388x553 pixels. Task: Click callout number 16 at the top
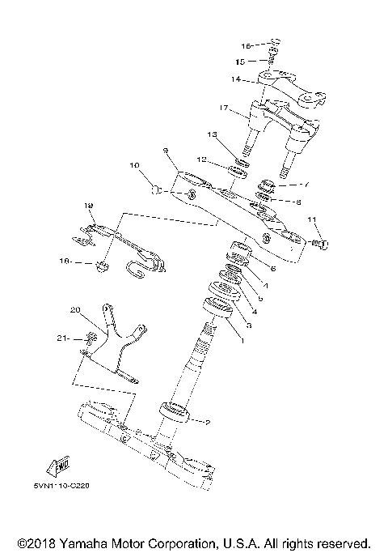point(247,45)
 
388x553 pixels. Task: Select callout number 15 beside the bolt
point(240,61)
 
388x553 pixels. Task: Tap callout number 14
point(235,79)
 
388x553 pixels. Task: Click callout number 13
point(212,134)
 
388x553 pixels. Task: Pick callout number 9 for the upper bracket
point(164,150)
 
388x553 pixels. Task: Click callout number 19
point(89,206)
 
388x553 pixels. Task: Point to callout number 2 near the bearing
point(208,422)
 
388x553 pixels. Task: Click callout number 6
point(272,268)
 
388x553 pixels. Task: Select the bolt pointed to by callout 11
point(322,242)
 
